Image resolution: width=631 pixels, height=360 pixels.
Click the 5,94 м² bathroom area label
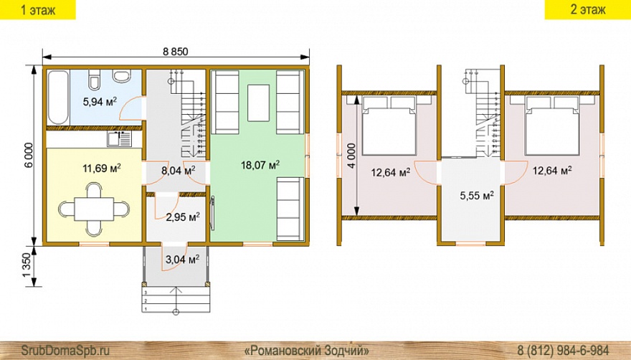pyautogui.click(x=100, y=102)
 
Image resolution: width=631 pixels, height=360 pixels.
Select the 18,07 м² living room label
pyautogui.click(x=260, y=165)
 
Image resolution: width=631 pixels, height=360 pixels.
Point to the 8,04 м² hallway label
pyautogui.click(x=179, y=171)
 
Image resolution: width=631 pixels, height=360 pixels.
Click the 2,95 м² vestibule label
pyautogui.click(x=183, y=217)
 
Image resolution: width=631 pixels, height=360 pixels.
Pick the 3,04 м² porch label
pyautogui.click(x=182, y=260)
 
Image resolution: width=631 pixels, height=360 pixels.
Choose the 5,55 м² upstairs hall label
pyautogui.click(x=477, y=196)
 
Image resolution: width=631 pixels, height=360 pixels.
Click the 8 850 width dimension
pyautogui.click(x=176, y=52)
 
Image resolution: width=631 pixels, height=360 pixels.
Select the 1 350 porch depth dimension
pyautogui.click(x=27, y=265)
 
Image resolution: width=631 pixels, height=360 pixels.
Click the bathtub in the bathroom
pyautogui.click(x=58, y=98)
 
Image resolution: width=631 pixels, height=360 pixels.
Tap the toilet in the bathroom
pyautogui.click(x=95, y=80)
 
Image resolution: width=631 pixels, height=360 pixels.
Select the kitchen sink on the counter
pyautogui.click(x=119, y=139)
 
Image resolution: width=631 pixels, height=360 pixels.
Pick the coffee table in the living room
pyautogui.click(x=258, y=103)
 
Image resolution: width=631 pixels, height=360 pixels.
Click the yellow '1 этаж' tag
pyautogui.click(x=38, y=9)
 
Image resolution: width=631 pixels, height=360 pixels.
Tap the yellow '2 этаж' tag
pyautogui.click(x=587, y=9)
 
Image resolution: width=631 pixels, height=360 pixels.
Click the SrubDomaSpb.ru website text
pyautogui.click(x=65, y=349)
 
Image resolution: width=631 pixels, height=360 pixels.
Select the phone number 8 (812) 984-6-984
pyautogui.click(x=563, y=349)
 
